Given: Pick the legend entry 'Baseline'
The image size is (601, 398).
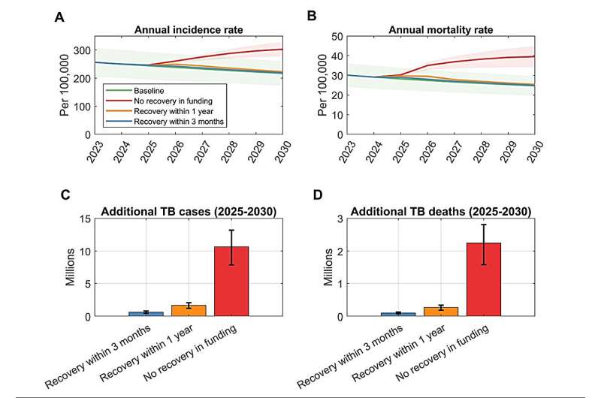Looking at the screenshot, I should (141, 89).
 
